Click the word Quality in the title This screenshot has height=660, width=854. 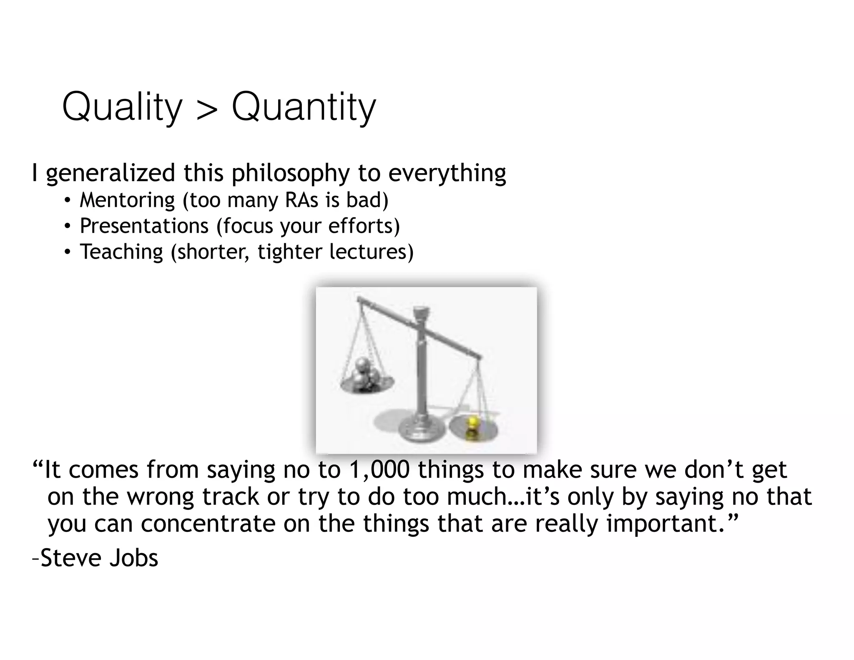tap(122, 107)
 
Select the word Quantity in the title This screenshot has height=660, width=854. tap(304, 107)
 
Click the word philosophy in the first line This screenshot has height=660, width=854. tap(291, 173)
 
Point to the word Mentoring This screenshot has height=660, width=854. tap(127, 200)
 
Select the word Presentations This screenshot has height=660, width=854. tap(144, 226)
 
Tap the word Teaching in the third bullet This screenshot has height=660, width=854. tap(121, 252)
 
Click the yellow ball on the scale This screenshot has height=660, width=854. tap(472, 423)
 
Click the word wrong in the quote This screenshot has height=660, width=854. tap(161, 497)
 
